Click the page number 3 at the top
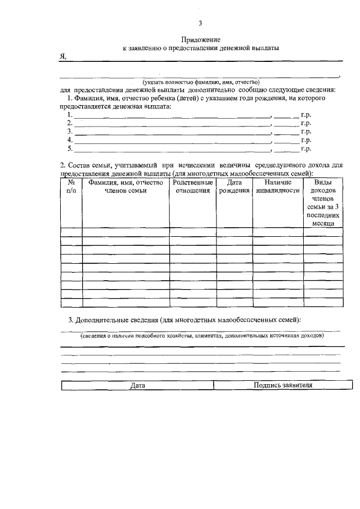200,23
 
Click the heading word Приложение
201,39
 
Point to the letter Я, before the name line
63,57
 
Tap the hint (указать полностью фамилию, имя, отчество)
201,82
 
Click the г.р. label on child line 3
306,132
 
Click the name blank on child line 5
172,150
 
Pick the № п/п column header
71,187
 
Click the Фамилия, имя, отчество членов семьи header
125,187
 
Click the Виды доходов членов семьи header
323,202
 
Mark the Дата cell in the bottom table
137,386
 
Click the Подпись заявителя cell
283,386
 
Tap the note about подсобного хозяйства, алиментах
201,336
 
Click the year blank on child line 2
286,123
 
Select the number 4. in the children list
70,140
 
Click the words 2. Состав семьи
91,165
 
